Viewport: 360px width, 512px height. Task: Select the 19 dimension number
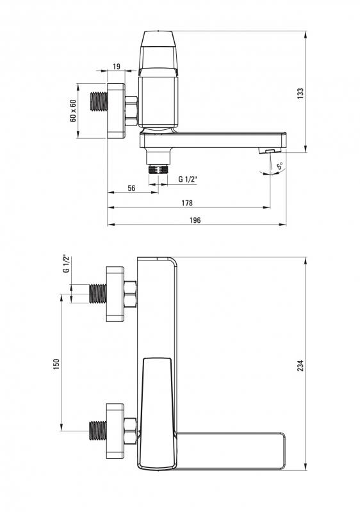117,67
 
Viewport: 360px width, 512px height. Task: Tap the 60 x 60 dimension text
73,110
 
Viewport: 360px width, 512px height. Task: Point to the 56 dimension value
131,188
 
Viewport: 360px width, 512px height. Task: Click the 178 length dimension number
187,203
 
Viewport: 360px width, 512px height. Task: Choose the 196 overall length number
195,220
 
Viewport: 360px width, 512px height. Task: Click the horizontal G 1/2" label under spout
188,179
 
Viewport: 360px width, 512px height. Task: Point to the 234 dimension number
301,365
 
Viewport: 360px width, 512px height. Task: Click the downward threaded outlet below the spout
158,170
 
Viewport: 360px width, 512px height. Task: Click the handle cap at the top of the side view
158,50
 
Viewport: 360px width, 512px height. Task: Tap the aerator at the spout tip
270,150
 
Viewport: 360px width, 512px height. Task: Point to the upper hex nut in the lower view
130,294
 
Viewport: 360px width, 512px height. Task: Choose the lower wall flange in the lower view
115,431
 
